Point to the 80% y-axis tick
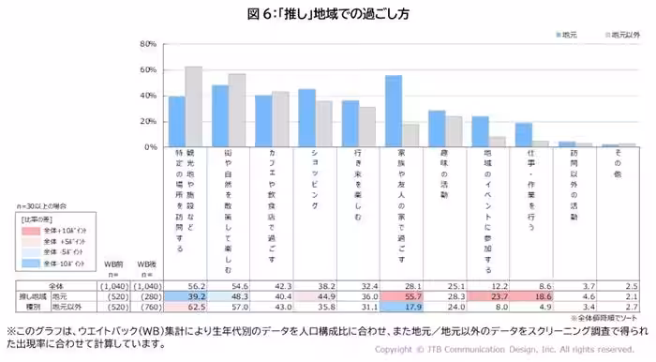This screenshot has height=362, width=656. (146, 44)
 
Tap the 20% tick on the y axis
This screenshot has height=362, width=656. (146, 122)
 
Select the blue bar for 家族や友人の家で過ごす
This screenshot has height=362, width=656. (394, 111)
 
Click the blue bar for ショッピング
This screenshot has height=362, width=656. (306, 118)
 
